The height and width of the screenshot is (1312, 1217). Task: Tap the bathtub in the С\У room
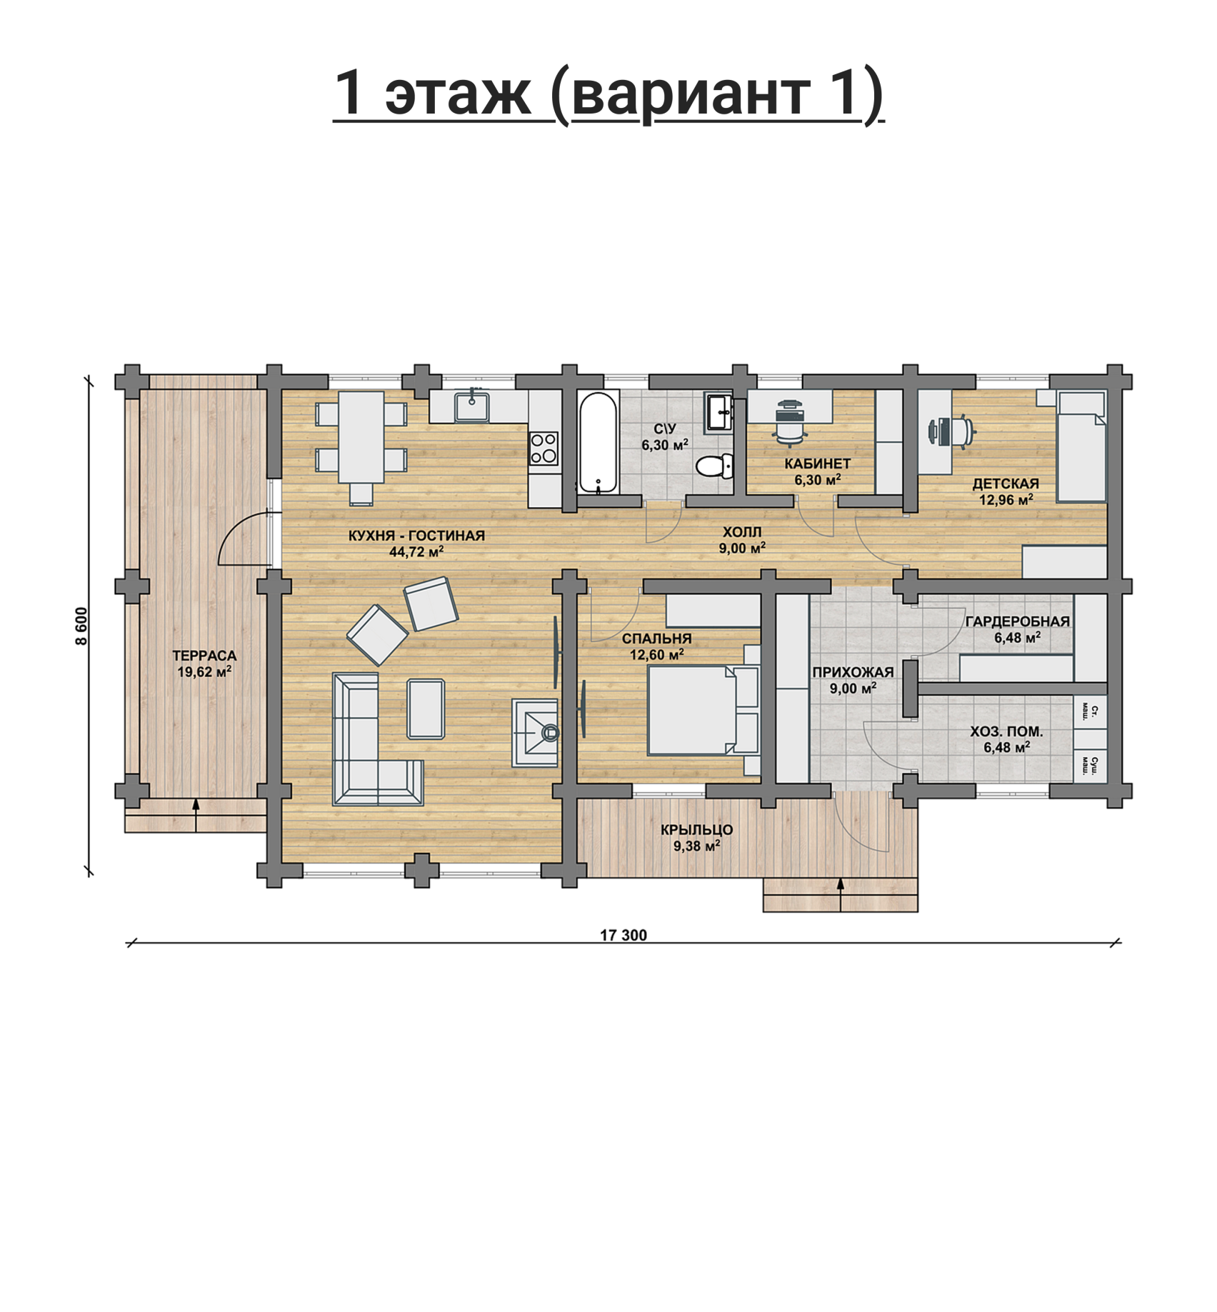pyautogui.click(x=597, y=443)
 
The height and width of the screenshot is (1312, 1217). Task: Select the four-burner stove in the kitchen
pyautogui.click(x=544, y=449)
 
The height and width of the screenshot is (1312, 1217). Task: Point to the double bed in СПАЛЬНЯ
pyautogui.click(x=703, y=710)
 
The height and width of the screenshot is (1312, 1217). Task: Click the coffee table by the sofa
pyautogui.click(x=426, y=708)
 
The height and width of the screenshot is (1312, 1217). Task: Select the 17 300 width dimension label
pyautogui.click(x=623, y=935)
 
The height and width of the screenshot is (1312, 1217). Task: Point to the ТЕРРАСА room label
pyautogui.click(x=204, y=656)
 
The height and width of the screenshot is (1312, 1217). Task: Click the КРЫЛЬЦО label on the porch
pyautogui.click(x=696, y=830)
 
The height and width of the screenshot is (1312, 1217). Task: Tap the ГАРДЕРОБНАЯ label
pyautogui.click(x=1018, y=621)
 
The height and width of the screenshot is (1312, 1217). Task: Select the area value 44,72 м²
pyautogui.click(x=417, y=551)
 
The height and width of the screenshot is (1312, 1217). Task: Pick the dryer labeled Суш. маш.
pyautogui.click(x=1091, y=764)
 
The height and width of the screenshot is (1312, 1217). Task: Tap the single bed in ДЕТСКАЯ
pyautogui.click(x=1081, y=446)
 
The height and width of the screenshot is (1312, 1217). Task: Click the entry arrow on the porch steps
pyautogui.click(x=840, y=894)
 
